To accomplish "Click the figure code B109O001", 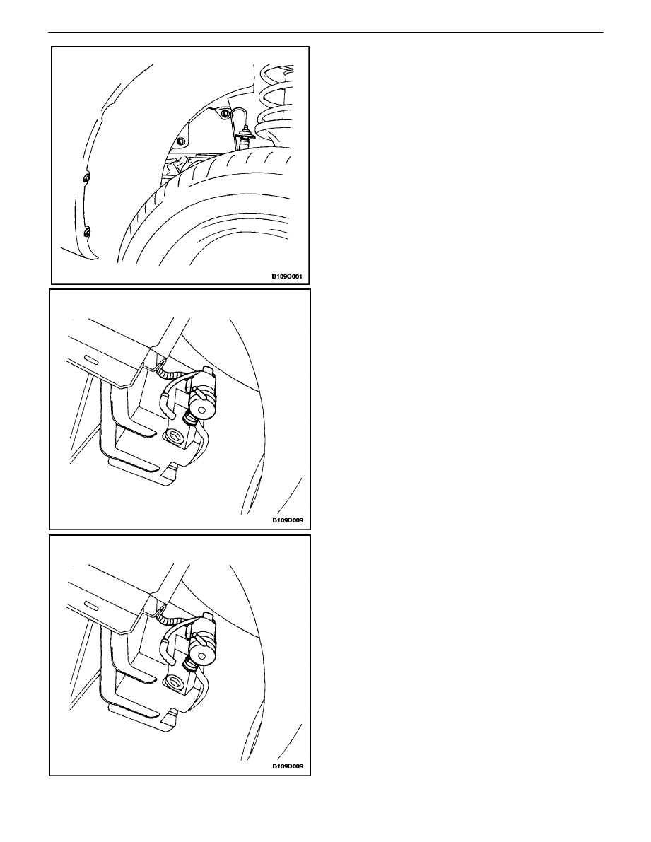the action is pos(286,277).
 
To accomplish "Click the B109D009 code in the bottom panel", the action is pos(288,766).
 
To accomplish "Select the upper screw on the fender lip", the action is pos(86,177).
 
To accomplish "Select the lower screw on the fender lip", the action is pos(87,232).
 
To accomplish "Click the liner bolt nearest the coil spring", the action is pos(224,114).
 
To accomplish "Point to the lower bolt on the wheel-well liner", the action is pos(180,141).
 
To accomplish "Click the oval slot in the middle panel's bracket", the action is pos(90,359).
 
